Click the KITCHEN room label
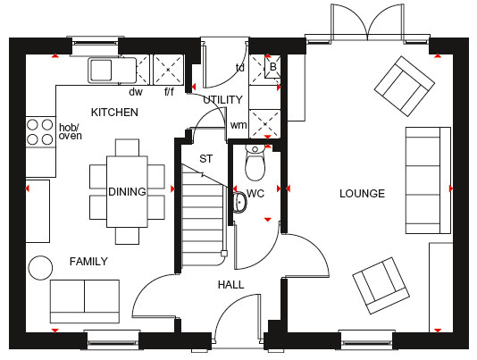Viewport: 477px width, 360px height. coord(114,113)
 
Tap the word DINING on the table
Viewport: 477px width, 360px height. coord(127,192)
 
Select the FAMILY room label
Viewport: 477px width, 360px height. coord(88,262)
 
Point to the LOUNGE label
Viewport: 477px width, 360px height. coord(362,194)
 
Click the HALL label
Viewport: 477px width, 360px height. coord(230,285)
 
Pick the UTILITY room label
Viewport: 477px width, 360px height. coord(222,100)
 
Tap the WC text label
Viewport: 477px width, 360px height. coord(255,194)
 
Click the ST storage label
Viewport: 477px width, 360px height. coord(206,158)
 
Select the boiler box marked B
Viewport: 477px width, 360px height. coord(272,67)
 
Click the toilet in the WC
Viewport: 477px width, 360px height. coord(255,163)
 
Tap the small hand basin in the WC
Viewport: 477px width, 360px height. coord(239,203)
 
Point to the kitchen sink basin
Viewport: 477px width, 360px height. coord(101,71)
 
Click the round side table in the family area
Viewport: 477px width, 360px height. coord(40,268)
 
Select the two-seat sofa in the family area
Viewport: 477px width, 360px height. coord(85,301)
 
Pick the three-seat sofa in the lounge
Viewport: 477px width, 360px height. coord(428,180)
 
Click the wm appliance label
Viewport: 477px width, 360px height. coord(238,125)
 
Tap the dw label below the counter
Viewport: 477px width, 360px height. coord(136,92)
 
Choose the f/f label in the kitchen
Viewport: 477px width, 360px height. coord(169,91)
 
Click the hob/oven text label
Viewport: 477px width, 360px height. coord(71,131)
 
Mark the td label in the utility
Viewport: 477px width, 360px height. coord(239,68)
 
